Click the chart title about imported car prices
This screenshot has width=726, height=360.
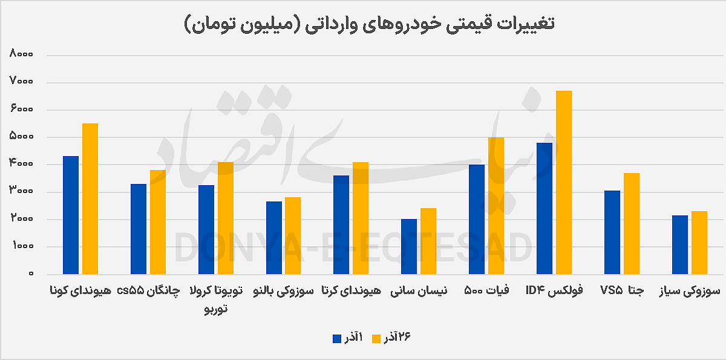point(370,24)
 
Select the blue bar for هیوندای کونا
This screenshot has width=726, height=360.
point(71,215)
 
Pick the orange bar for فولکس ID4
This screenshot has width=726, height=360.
point(564,182)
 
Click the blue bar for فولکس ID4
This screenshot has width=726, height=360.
point(544,208)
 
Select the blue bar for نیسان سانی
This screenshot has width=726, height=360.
point(409,246)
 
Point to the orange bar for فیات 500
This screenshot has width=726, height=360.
point(496,206)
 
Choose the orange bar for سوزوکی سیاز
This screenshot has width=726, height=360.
point(699,243)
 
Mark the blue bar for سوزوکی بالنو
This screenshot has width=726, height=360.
point(274,238)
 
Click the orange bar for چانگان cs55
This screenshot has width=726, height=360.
point(158,222)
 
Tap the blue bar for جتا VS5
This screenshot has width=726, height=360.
point(612,232)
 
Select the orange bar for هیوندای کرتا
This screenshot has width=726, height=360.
point(361,218)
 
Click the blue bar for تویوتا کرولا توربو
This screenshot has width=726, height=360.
point(206,229)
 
